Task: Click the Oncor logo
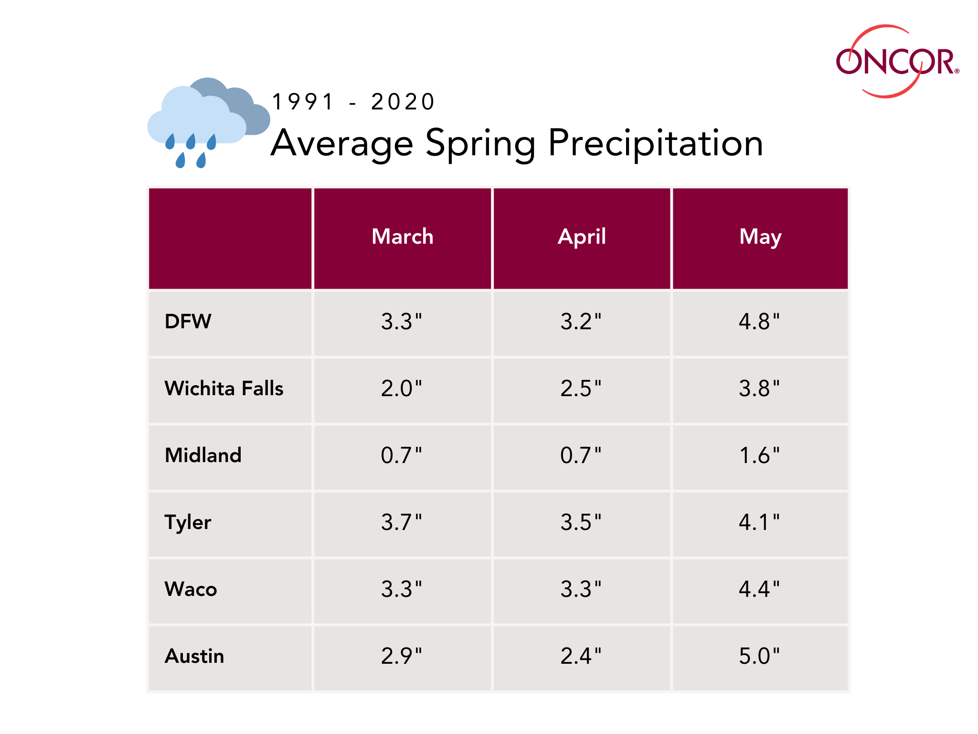tap(897, 62)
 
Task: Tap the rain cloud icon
tap(208, 122)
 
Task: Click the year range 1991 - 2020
tap(353, 102)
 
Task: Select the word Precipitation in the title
tap(655, 143)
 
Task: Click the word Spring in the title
tap(480, 143)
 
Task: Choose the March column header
tap(403, 237)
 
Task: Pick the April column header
tap(582, 237)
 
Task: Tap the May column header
tap(760, 237)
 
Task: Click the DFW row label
tap(188, 322)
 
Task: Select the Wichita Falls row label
tap(224, 389)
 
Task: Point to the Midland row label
tap(203, 455)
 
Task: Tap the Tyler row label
tap(188, 522)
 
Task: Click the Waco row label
tap(191, 589)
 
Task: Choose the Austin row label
tap(194, 656)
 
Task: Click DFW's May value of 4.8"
tap(759, 322)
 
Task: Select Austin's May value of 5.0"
tap(759, 656)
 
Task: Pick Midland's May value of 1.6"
tap(759, 455)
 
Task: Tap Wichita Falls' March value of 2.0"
tap(402, 389)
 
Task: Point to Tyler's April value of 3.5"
tap(581, 522)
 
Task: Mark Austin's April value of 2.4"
tap(581, 656)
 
